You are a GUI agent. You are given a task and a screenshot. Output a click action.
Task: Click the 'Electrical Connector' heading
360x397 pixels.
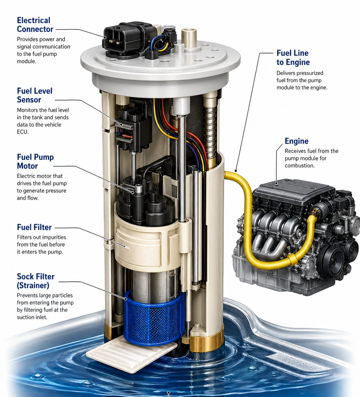35,25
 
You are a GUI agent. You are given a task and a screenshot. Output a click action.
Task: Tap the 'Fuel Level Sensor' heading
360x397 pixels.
35,95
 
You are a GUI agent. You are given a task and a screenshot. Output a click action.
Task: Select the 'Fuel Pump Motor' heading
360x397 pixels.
36,161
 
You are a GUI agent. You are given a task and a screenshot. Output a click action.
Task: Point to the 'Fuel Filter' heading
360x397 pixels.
34,227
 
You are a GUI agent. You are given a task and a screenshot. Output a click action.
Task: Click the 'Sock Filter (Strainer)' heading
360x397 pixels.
36,281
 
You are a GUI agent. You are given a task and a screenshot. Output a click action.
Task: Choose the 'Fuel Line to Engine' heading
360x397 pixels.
293,57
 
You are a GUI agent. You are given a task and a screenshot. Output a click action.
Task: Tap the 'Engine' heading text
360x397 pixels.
296,141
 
